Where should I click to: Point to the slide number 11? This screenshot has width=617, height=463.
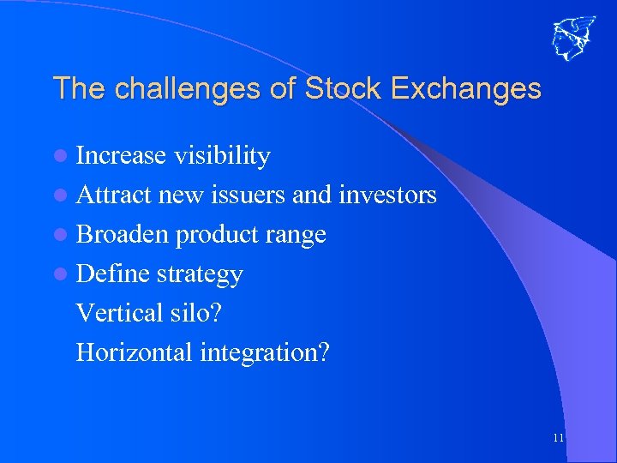pos(558,438)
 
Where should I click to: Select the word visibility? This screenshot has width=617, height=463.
pos(222,155)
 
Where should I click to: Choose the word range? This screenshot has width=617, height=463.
pos(297,235)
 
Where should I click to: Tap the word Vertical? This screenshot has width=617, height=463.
pos(117,312)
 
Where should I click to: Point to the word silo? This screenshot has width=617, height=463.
pos(193,312)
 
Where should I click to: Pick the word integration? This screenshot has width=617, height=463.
pos(264,352)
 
